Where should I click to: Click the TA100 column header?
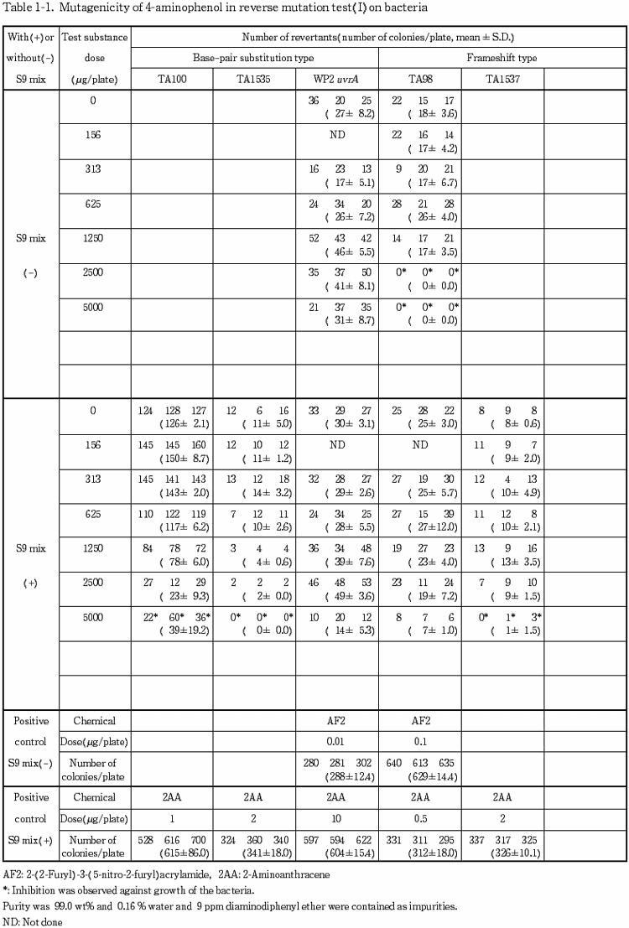point(172,80)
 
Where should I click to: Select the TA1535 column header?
point(254,80)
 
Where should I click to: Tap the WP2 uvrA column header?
point(336,80)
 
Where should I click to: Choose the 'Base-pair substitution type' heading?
point(255,58)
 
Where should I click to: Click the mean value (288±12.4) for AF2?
point(340,776)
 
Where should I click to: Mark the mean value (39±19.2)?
point(174,631)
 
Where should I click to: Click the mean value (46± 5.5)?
point(340,250)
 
